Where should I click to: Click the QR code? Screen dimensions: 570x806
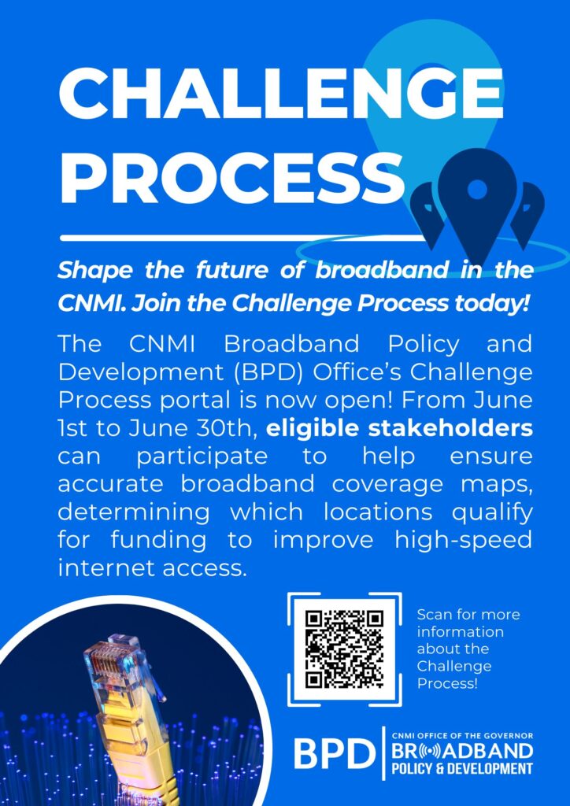coord(344,649)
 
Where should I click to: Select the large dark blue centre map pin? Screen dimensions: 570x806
coord(477,201)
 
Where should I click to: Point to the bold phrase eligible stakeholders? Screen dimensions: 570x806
coord(399,430)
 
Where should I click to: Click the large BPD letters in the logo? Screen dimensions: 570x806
coord(335,754)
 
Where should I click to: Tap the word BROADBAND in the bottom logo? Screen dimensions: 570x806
coord(461,751)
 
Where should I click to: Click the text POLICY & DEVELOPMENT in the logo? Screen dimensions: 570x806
coord(461,770)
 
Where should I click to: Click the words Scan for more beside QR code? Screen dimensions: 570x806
coord(468,615)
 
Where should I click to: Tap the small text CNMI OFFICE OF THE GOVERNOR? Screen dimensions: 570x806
coord(461,736)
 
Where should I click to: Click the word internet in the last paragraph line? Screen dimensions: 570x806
coord(95,568)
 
